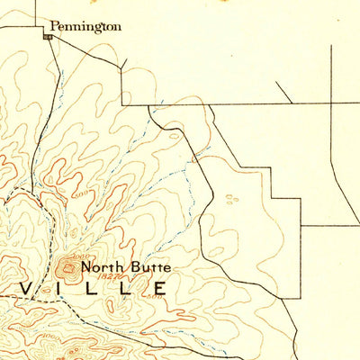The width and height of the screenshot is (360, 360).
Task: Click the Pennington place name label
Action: point(85,27)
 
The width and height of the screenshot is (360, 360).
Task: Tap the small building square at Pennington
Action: point(48,37)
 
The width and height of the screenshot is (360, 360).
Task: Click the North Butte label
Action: point(124,267)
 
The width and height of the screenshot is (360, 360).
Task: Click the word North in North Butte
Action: point(100,267)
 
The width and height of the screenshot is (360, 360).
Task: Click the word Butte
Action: point(148,267)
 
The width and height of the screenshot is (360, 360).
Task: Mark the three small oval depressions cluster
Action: point(232,197)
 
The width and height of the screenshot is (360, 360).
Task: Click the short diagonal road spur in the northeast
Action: point(283,92)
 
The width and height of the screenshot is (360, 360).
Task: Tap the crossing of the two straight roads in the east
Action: point(332,105)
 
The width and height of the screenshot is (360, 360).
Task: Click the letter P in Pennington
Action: point(54,27)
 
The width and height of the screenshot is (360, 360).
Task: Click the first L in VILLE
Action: point(95,289)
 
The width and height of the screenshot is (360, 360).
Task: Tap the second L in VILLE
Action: point(127,289)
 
